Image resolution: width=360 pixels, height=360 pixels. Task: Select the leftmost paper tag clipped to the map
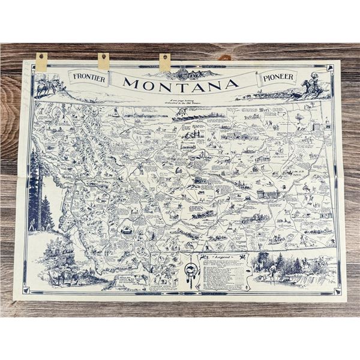pos(41,60)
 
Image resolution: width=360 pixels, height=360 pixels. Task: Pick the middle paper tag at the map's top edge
pos(104,60)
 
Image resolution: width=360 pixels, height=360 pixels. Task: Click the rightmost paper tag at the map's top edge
pos(164,61)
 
